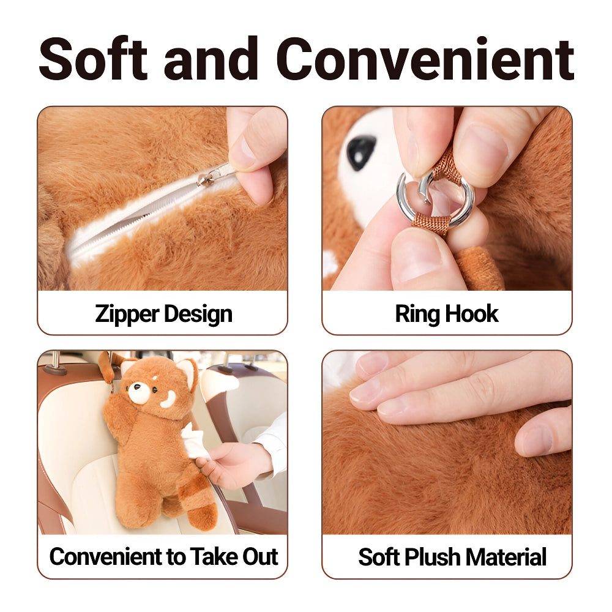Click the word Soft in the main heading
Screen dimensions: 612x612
(x=93, y=59)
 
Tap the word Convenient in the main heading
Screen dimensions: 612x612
(x=425, y=59)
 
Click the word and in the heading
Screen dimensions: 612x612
(x=212, y=59)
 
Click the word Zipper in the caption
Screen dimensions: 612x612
(x=127, y=315)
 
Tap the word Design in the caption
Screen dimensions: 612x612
(x=198, y=315)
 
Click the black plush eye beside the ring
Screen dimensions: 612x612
(x=361, y=151)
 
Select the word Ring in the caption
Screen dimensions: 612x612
(x=417, y=315)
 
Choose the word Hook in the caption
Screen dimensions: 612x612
(x=472, y=313)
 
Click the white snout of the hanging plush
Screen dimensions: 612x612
(x=136, y=392)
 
